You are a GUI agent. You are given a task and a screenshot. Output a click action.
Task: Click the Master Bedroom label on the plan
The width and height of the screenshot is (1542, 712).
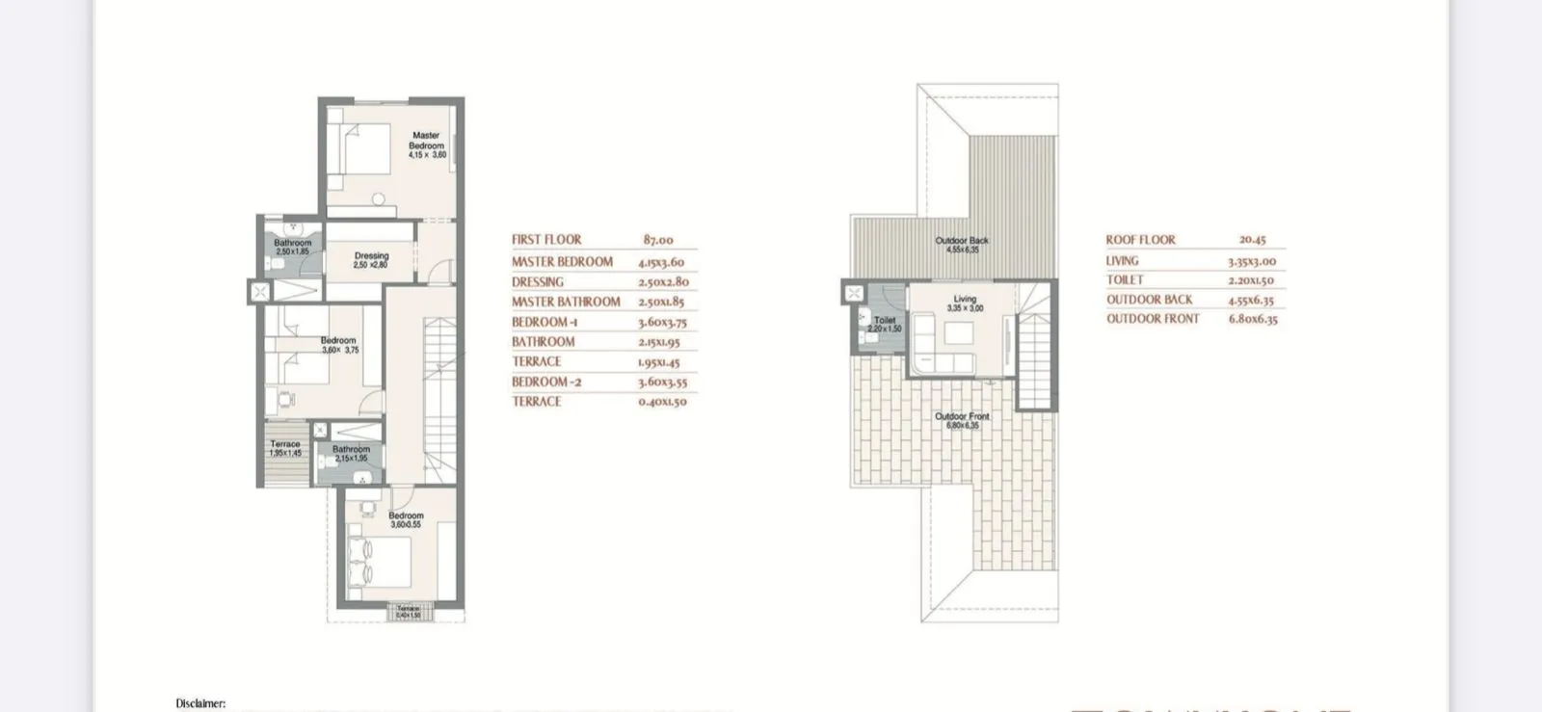(x=426, y=142)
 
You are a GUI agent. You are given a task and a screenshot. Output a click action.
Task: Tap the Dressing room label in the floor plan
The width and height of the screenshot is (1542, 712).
(x=371, y=256)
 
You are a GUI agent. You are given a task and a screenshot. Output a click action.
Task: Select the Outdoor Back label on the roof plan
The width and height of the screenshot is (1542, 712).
(x=962, y=241)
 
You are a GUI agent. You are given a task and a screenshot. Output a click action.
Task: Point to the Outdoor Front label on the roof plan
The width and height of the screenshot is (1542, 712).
(x=962, y=417)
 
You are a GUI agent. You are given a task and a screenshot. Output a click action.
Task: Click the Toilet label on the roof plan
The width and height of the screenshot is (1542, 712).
(x=885, y=321)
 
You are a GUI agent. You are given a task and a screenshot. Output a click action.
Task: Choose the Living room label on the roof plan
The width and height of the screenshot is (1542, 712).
(x=965, y=300)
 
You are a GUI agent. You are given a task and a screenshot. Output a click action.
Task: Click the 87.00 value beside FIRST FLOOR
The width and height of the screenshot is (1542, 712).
(x=658, y=240)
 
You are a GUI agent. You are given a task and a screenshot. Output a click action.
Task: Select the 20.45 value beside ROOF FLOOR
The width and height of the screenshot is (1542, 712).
(x=1253, y=240)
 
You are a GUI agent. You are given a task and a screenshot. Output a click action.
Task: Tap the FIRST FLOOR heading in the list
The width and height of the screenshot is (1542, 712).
(x=546, y=240)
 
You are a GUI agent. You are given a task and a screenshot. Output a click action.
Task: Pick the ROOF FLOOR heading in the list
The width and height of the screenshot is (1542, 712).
(x=1140, y=240)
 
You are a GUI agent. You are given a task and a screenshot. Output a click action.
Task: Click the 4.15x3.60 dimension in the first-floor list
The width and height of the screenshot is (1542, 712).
(x=661, y=262)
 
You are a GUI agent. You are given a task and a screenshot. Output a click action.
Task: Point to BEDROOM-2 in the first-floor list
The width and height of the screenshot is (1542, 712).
(x=546, y=382)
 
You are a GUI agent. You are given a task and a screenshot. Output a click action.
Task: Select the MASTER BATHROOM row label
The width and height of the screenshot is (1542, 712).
(x=566, y=302)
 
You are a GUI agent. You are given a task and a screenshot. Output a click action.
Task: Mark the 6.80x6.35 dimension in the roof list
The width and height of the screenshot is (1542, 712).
(x=1253, y=319)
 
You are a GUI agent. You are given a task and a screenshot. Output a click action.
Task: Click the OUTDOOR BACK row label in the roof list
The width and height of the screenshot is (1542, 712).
(x=1149, y=300)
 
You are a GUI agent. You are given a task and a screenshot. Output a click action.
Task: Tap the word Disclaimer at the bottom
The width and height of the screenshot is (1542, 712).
(x=200, y=703)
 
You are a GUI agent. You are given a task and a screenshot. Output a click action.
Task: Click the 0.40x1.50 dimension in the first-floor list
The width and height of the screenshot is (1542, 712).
(x=662, y=402)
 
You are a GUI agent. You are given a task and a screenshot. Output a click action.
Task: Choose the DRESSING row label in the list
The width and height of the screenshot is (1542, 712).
(x=538, y=282)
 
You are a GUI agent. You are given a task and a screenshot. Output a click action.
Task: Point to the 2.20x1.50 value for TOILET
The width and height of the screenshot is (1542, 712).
(x=1251, y=280)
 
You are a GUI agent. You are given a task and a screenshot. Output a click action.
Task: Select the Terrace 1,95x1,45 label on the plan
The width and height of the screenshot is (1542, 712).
(x=285, y=448)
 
